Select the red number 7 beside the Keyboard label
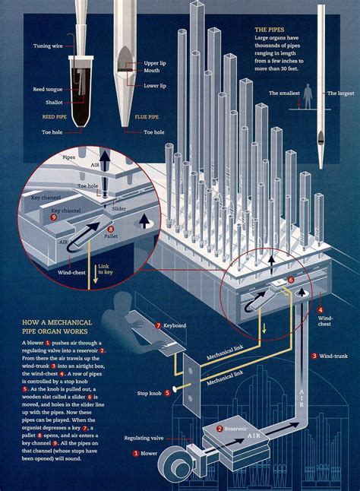click(158, 325)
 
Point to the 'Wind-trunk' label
click(333, 355)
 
